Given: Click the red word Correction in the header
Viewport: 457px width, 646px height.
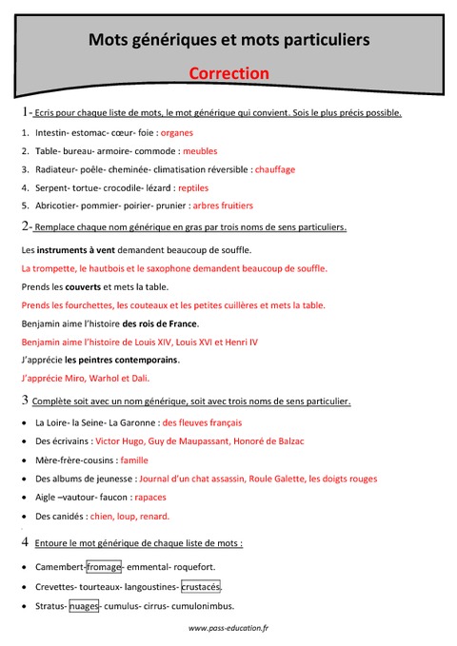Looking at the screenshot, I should click(x=228, y=73).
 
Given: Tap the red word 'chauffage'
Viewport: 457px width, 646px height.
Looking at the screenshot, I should click(x=275, y=169).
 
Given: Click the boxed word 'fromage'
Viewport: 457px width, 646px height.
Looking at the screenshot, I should click(x=105, y=567).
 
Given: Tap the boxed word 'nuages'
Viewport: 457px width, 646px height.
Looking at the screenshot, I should click(x=84, y=605).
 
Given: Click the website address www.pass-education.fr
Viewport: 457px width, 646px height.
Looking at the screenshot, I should click(x=228, y=628).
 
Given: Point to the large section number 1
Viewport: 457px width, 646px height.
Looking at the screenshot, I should click(x=24, y=112).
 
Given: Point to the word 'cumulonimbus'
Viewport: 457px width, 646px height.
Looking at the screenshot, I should click(x=202, y=605).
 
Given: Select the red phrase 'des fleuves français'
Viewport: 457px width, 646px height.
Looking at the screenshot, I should click(x=202, y=422).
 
